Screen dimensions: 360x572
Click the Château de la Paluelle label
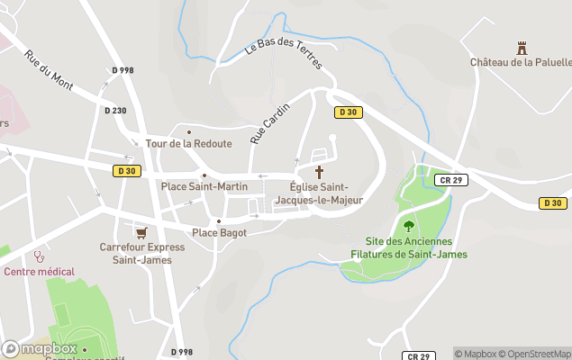tap(521, 62)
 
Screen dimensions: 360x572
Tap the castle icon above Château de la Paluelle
tap(520, 48)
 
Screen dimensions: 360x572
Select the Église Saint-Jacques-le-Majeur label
tap(319, 193)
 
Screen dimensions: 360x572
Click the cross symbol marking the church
tap(319, 171)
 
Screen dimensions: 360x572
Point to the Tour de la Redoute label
tap(189, 143)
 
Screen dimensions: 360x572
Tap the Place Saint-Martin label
tap(204, 186)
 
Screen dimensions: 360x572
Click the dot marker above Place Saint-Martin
tap(204, 175)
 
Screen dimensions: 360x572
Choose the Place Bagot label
tap(219, 232)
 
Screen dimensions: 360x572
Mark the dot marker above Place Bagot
tap(218, 220)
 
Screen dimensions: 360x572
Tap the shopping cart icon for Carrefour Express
tap(141, 231)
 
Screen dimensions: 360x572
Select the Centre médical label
tap(39, 271)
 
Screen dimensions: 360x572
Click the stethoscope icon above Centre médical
tap(39, 256)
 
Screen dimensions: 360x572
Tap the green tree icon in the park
tap(409, 226)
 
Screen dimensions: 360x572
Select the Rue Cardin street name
tap(270, 123)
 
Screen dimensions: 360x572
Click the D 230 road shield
tap(115, 111)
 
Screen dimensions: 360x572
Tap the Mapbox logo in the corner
tap(40, 348)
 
